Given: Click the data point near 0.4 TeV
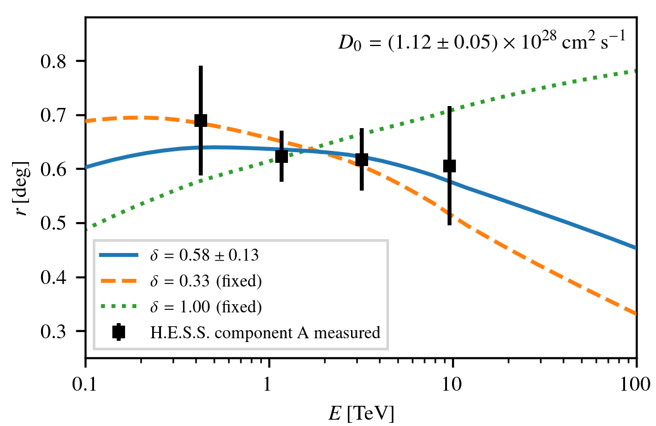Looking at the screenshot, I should (201, 121).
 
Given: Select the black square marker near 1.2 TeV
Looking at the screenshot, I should (282, 157).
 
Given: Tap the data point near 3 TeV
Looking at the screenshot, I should (362, 160).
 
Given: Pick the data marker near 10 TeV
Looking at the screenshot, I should (450, 166).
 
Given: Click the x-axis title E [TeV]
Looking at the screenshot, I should (361, 413).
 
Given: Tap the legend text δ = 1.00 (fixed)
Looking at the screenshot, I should (205, 307).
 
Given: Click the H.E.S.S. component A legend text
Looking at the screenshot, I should (265, 333).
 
